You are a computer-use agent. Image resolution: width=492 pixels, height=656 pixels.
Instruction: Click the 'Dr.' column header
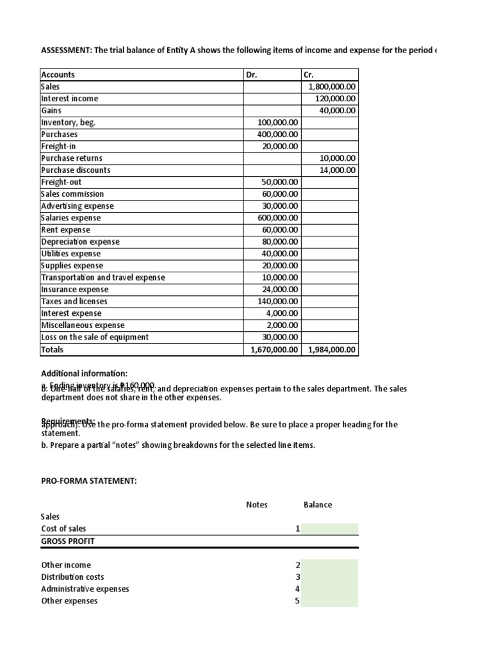252,75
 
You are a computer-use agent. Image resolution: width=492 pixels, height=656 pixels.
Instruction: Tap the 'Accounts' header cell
58,75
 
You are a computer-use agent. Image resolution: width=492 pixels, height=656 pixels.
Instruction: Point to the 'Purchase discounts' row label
76,170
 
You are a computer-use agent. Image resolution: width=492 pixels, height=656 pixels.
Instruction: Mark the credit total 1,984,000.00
332,350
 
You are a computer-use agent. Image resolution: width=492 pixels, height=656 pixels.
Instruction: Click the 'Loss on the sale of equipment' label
95,337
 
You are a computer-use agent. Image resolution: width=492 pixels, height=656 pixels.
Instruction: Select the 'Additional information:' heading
84,373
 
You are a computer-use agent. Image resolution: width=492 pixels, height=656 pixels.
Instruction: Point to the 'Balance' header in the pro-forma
318,505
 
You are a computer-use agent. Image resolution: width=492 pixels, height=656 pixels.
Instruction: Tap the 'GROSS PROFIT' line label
67,541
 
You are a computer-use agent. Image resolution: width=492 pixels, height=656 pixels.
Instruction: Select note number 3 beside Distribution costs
297,577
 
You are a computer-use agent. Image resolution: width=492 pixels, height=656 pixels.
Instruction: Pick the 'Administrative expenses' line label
85,589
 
